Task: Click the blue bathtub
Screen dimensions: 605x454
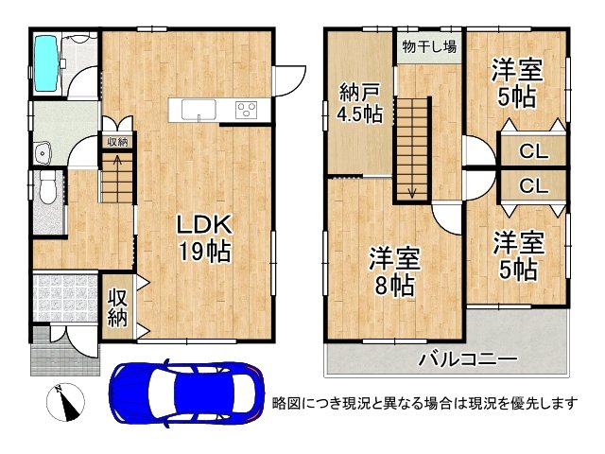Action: [46, 63]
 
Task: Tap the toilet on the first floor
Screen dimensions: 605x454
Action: [48, 187]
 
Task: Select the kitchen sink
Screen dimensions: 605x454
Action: [199, 110]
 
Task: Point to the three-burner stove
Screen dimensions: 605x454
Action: [246, 110]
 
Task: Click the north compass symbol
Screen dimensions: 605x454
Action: [65, 402]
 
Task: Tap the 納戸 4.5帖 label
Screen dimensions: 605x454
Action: [360, 103]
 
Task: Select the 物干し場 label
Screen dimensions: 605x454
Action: [429, 47]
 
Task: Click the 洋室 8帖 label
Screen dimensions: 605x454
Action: [395, 272]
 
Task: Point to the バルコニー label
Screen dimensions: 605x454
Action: [468, 359]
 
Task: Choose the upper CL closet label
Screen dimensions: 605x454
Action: [533, 151]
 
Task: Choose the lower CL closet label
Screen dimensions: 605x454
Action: [533, 186]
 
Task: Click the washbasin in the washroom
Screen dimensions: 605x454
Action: [43, 153]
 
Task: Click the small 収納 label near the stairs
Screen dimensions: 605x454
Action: [117, 142]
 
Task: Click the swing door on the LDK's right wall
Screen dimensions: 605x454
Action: [289, 80]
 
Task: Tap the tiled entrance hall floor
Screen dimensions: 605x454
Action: [65, 298]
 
